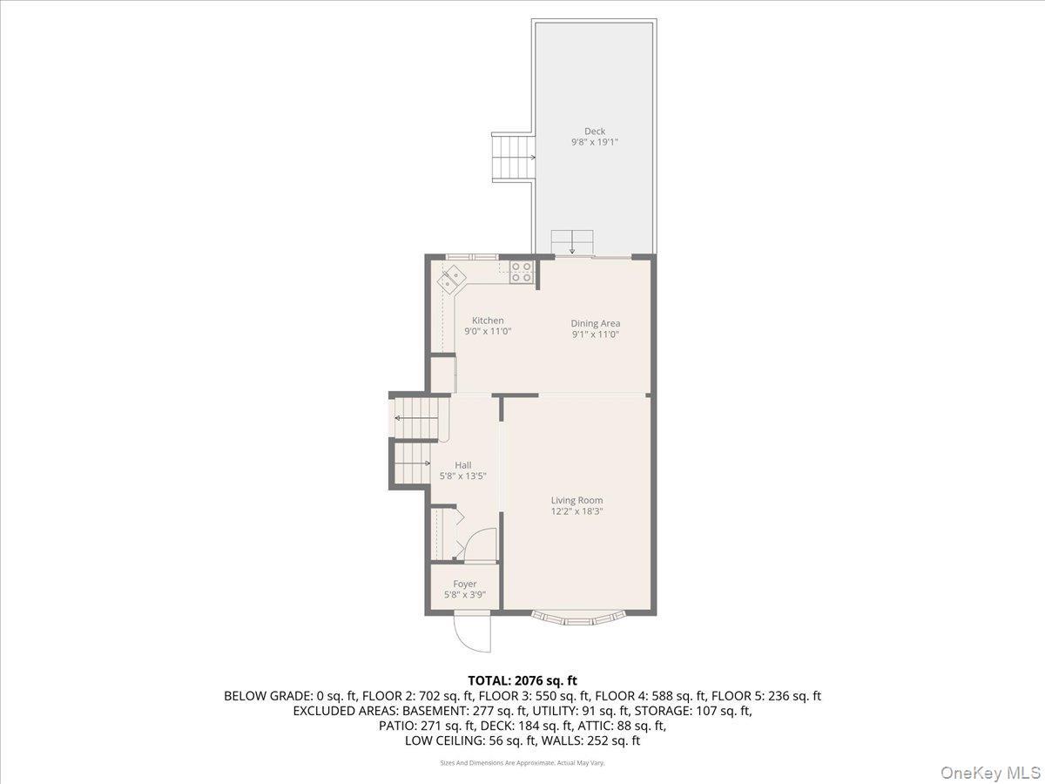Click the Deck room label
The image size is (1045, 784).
click(x=595, y=132)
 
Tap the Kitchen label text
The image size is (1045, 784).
click(x=488, y=321)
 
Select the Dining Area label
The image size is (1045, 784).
click(x=596, y=323)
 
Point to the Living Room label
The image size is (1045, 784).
click(x=576, y=500)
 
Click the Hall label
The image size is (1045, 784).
click(x=463, y=465)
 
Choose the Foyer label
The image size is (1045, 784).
click(x=465, y=584)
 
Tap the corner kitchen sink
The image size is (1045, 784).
click(x=452, y=280)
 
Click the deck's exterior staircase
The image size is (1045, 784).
click(x=512, y=157)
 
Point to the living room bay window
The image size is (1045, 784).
click(x=579, y=619)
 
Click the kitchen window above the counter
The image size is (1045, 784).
click(x=472, y=256)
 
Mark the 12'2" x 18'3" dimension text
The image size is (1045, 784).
click(x=576, y=511)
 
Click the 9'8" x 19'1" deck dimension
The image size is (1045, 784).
click(x=595, y=142)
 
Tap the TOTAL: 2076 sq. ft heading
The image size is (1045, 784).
click(x=522, y=679)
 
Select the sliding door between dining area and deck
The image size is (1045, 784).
click(x=592, y=257)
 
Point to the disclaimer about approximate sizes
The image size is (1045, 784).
click(x=522, y=762)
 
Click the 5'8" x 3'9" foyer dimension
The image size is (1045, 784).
click(x=465, y=595)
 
